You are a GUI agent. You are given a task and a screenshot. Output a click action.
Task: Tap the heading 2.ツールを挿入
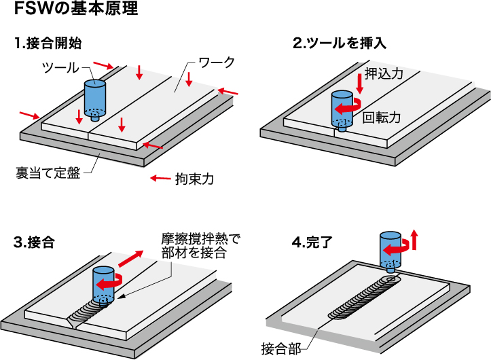point(340,43)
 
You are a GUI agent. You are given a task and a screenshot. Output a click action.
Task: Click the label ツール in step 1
point(60,67)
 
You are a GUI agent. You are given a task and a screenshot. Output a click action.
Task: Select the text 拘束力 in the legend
point(195,179)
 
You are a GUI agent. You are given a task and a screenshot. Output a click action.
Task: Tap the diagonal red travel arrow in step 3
point(131,259)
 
